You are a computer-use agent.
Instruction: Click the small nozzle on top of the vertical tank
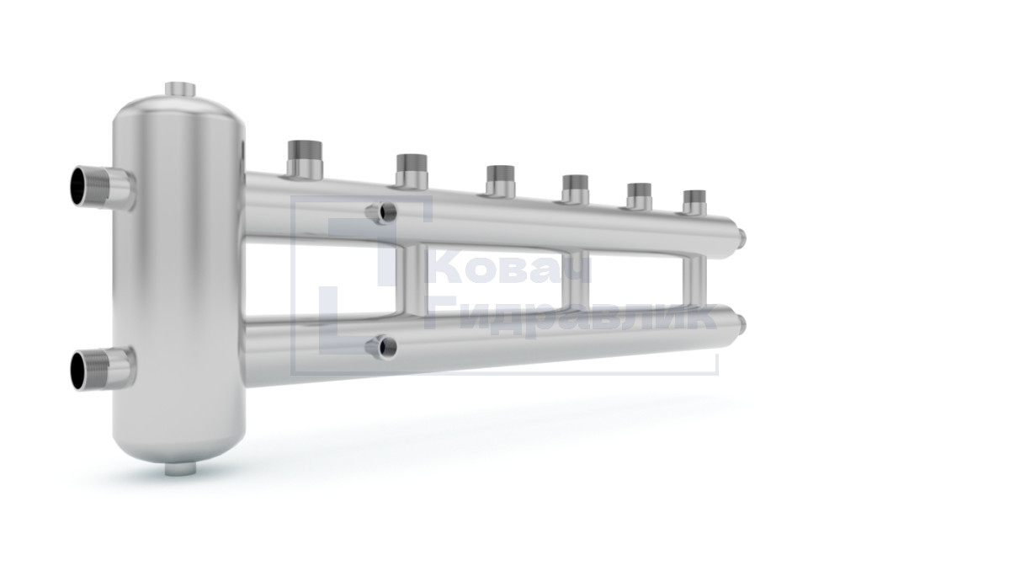click(x=180, y=89)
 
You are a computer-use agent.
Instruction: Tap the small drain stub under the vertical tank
click(x=180, y=469)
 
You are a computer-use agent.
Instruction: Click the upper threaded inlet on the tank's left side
click(x=103, y=186)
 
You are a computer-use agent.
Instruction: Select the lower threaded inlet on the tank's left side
click(x=103, y=369)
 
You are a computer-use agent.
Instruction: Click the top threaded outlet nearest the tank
click(x=305, y=159)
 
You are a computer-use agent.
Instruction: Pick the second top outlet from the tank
click(x=412, y=171)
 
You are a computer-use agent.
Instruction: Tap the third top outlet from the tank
click(x=501, y=181)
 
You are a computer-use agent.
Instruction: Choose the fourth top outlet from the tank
click(x=576, y=189)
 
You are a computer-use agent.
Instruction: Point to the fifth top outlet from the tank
click(x=640, y=196)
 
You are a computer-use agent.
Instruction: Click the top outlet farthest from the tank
click(x=694, y=202)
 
